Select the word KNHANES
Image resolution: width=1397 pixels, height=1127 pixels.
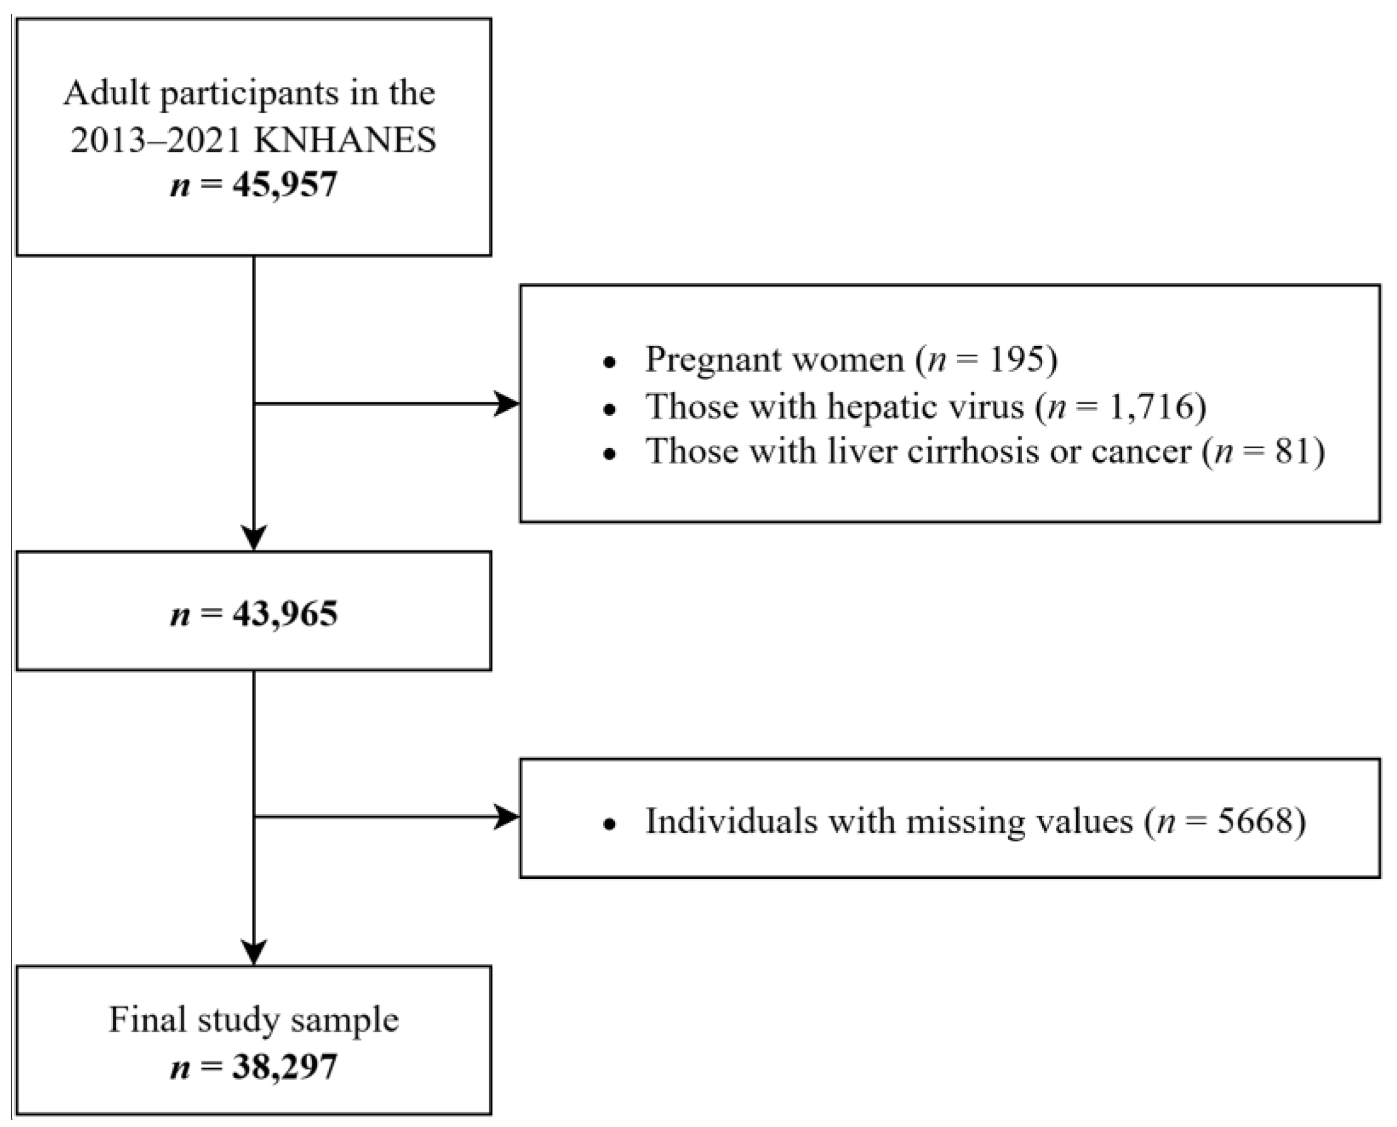pos(345,140)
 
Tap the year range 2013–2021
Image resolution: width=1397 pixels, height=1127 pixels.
pos(155,140)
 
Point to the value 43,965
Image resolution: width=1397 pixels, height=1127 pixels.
pos(285,614)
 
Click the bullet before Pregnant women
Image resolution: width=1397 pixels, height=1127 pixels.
pos(609,362)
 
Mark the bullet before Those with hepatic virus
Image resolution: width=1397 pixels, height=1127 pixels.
pos(609,409)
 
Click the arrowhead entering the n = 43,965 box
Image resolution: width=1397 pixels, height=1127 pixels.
pos(254,538)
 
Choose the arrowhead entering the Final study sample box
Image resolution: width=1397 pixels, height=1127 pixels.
pos(254,952)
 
